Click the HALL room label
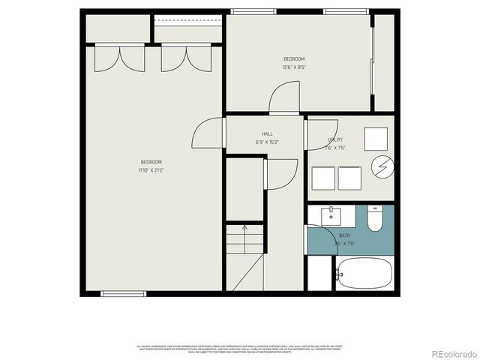pos(267,134)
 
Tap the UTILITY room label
pos(335,139)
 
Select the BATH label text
pos(344,235)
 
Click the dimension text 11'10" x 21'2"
pos(151,170)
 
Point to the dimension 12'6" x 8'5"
pos(294,67)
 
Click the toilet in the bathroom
pos(375,217)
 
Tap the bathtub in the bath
pos(364,274)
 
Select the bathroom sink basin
pos(332,216)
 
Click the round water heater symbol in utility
pos(382,166)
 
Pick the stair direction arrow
pos(244,227)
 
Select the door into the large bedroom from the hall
pos(208,133)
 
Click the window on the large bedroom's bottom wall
pos(124,293)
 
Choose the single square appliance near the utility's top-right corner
pos(376,139)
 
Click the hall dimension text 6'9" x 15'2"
pos(267,142)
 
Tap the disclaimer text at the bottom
pos(239,349)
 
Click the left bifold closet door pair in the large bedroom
pos(119,58)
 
